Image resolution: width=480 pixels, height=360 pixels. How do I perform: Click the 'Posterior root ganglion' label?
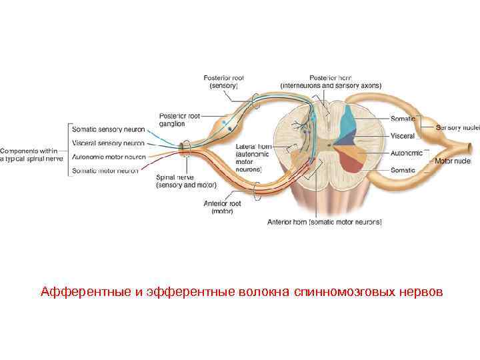179,120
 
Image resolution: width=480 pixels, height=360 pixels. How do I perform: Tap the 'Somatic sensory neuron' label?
109,130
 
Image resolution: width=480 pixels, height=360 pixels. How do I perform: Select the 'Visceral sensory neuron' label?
108,143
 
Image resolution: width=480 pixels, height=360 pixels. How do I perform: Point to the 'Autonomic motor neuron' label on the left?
108,157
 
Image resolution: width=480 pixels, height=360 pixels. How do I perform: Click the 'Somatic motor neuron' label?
106,171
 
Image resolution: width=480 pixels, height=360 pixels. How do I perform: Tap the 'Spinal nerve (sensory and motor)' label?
183,182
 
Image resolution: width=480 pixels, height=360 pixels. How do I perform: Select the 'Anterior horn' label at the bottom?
324,221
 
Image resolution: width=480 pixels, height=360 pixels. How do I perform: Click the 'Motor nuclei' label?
453,161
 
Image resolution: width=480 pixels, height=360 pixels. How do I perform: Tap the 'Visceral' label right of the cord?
403,136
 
